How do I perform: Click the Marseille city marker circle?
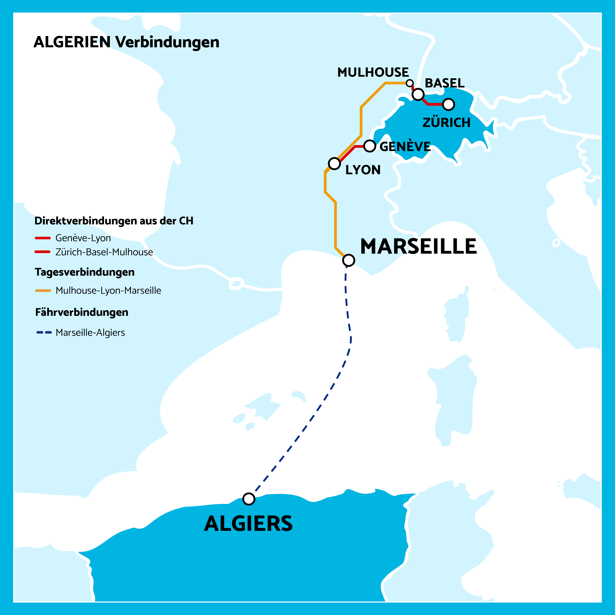point(348,260)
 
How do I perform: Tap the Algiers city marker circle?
point(249,499)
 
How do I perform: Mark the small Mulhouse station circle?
point(410,83)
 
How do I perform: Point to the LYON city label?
point(363,170)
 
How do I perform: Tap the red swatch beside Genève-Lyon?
point(43,238)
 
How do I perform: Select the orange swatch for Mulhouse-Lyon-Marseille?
point(43,290)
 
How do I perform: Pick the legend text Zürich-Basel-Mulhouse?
point(104,252)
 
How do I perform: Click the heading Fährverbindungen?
point(82,312)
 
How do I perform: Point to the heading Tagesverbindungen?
point(85,272)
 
